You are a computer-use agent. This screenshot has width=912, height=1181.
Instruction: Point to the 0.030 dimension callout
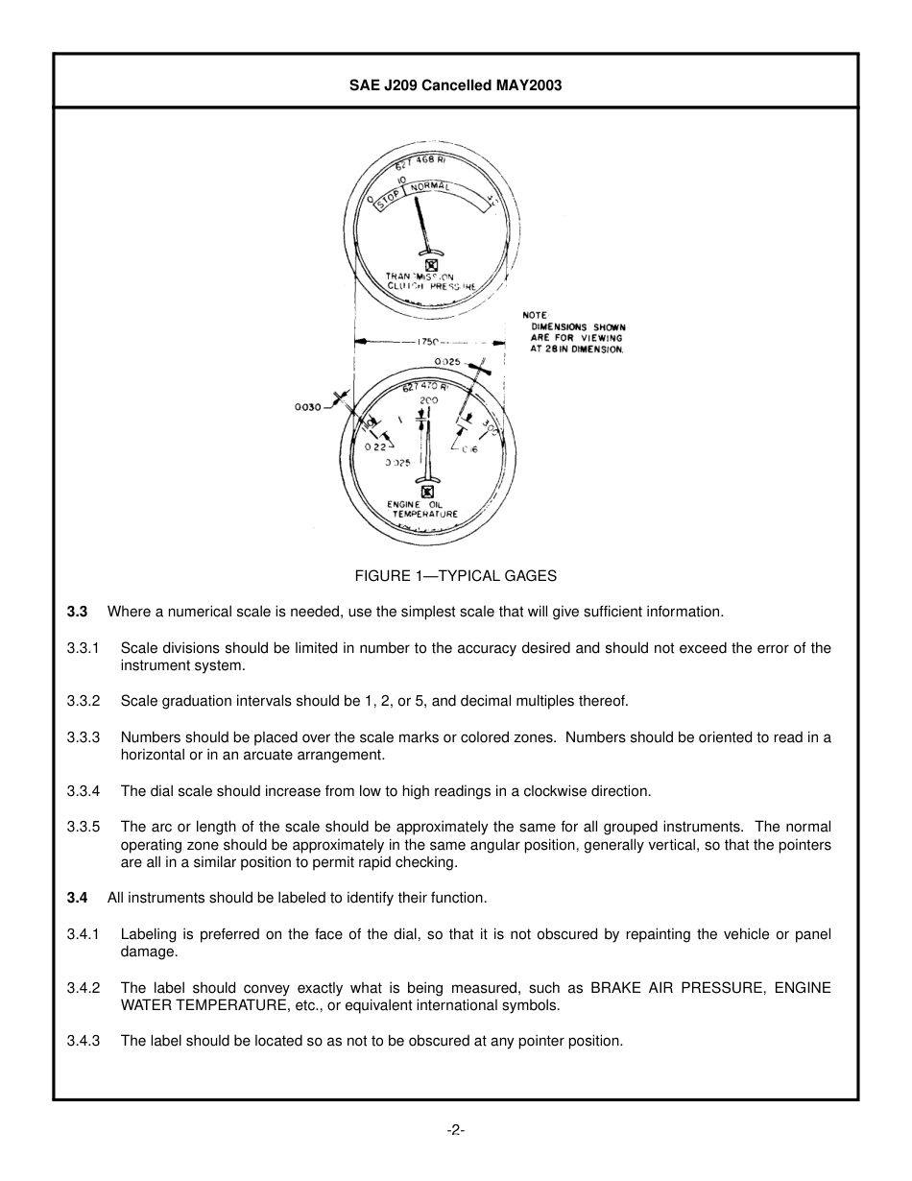click(x=308, y=406)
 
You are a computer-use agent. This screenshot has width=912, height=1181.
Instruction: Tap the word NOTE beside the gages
click(x=535, y=315)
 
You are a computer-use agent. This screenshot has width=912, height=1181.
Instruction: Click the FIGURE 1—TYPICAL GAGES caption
click(x=455, y=576)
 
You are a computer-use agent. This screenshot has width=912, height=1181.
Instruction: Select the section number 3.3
click(x=77, y=612)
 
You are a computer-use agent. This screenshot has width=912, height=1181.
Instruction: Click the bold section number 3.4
click(x=77, y=898)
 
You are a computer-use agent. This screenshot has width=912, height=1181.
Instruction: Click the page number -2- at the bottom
click(x=455, y=1130)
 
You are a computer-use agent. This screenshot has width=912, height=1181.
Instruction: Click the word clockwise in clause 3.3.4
click(x=560, y=791)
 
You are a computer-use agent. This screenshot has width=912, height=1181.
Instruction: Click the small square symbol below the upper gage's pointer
click(x=431, y=266)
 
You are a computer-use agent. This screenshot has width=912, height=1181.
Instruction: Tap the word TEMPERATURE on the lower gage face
click(x=424, y=515)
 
